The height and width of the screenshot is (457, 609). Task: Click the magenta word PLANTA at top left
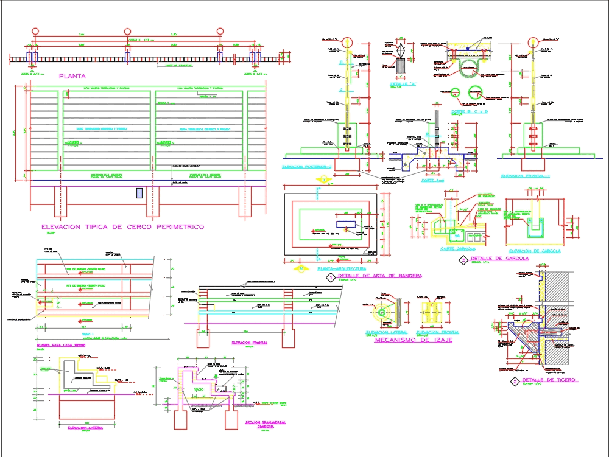pos(72,77)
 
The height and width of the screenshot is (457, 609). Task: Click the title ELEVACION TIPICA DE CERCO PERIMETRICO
pos(122,227)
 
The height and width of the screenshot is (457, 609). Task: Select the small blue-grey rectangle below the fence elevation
pos(139,193)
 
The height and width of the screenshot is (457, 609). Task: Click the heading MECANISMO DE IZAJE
pos(412,341)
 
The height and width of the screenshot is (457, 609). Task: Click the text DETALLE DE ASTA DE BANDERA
pos(379,276)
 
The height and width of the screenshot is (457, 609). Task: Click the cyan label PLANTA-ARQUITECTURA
pos(342,268)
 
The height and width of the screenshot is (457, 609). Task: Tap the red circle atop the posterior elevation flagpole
pos(348,42)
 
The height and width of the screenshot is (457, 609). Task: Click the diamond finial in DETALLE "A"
pos(403,49)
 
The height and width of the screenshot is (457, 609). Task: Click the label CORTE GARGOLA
pos(457,248)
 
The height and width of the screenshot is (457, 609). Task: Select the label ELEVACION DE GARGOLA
pos(535,251)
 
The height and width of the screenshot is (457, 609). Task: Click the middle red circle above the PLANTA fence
pos(128,32)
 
